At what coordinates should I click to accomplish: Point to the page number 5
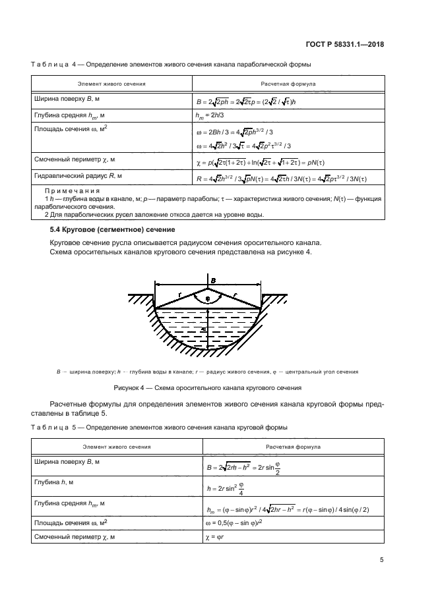(x=381, y=560)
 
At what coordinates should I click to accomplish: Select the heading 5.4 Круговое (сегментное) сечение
(x=113, y=229)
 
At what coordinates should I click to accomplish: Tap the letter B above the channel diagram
(x=212, y=281)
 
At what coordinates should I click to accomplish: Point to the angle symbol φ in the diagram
(x=207, y=298)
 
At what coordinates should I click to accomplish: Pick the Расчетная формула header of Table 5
(x=293, y=447)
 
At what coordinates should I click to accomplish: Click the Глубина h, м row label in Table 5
(x=60, y=482)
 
